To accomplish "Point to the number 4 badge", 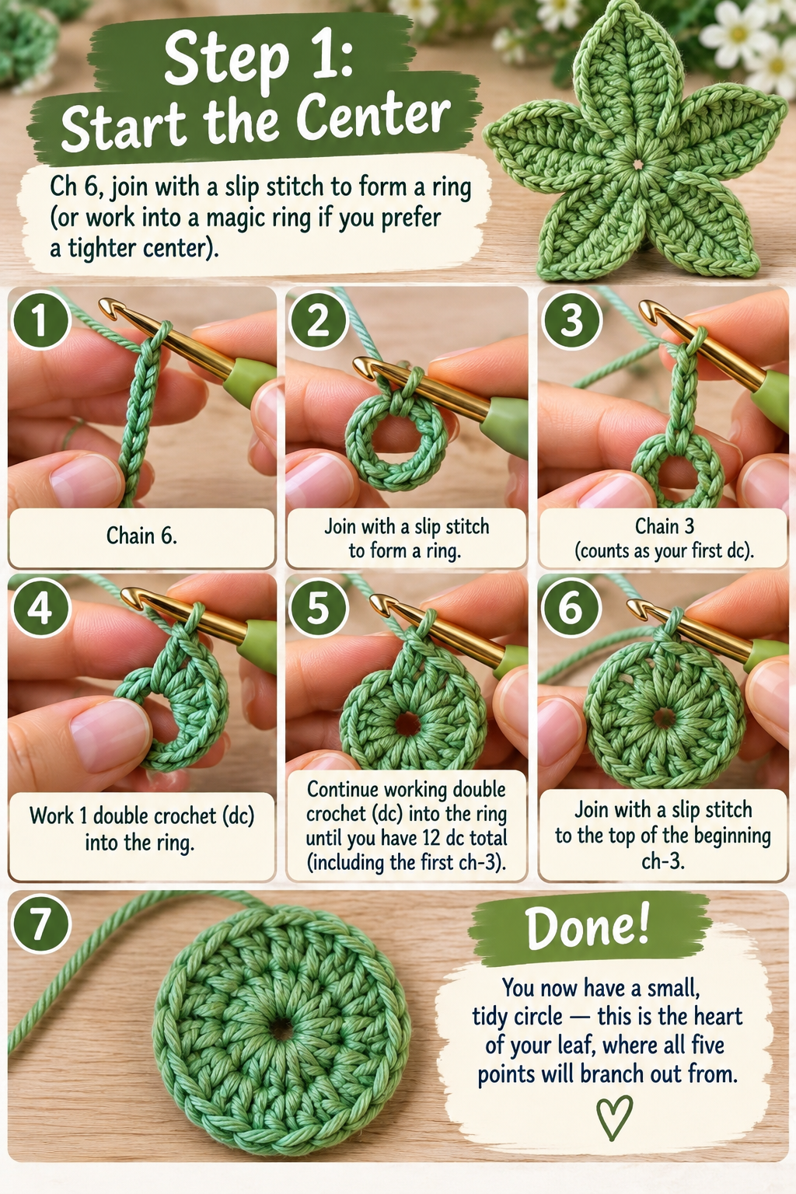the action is click(40, 606).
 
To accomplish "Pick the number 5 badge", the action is click(318, 606).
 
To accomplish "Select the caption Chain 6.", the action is click(141, 535).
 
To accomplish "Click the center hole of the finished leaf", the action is click(637, 164).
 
